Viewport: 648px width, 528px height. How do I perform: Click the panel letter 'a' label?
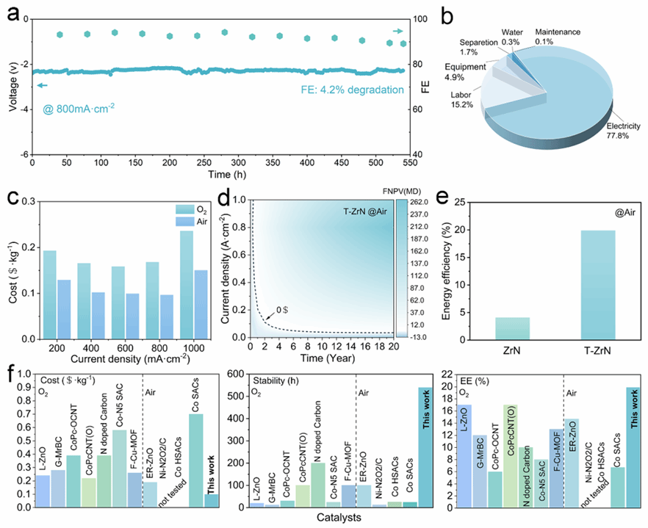(12, 12)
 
